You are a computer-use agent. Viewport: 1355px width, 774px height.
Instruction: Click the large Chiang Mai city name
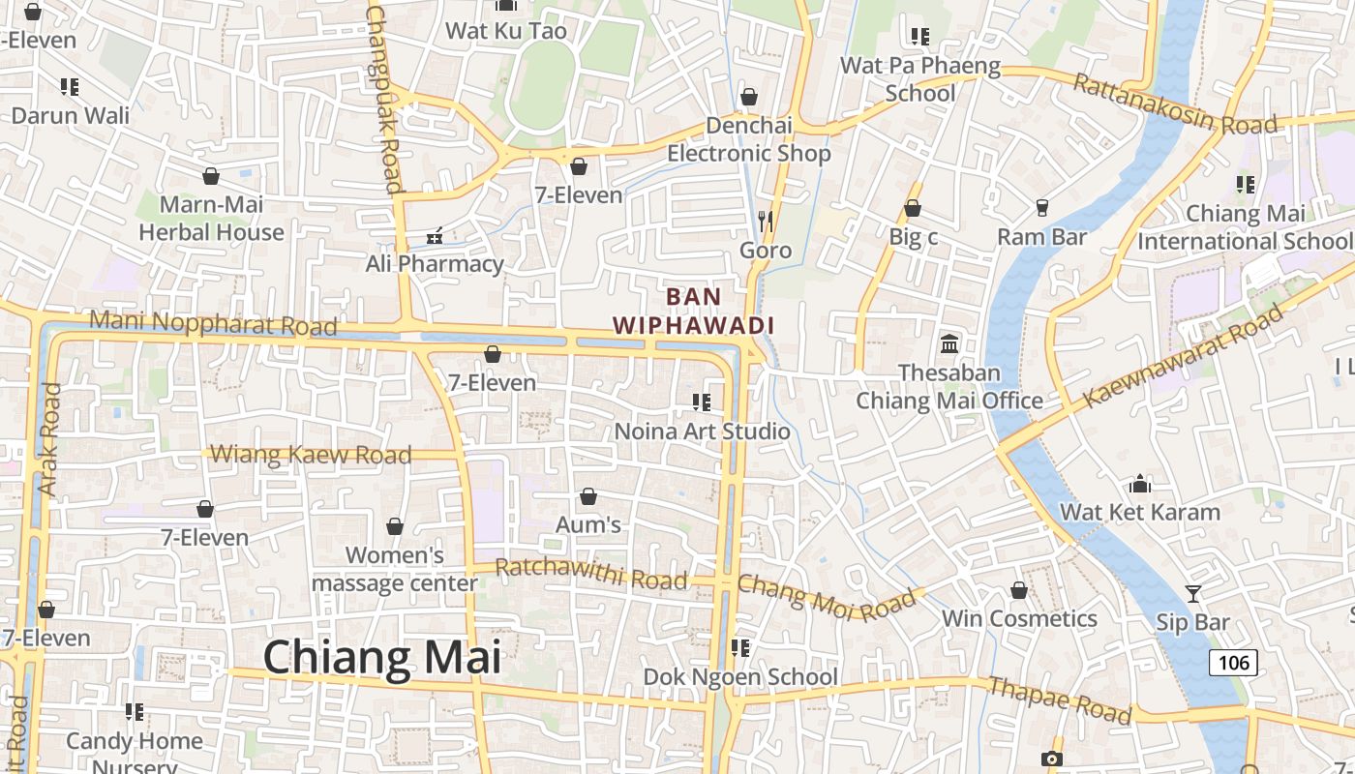click(381, 658)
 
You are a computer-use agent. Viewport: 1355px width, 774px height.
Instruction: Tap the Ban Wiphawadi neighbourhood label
click(693, 311)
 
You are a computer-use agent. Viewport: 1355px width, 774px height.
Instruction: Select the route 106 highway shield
click(1232, 663)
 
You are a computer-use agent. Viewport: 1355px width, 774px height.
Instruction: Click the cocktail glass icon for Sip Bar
click(1192, 594)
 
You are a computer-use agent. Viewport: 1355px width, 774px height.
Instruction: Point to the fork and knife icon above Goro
click(766, 222)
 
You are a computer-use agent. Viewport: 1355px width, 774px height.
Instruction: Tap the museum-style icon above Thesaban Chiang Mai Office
click(948, 343)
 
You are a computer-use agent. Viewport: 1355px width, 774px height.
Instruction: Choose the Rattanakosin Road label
click(1175, 105)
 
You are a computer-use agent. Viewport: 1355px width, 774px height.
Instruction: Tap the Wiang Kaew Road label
click(311, 454)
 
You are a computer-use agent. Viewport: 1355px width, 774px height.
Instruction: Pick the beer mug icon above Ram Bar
click(1042, 208)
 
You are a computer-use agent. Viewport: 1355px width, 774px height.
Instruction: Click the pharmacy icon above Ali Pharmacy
click(435, 235)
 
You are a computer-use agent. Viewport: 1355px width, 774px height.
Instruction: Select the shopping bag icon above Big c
click(912, 208)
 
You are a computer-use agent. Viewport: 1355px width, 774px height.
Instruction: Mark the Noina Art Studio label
click(703, 432)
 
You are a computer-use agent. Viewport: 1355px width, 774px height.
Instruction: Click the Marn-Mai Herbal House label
click(211, 219)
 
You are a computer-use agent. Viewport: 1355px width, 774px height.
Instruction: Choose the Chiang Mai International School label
click(1245, 227)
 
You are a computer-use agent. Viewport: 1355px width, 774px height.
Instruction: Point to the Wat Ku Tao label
click(505, 31)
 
